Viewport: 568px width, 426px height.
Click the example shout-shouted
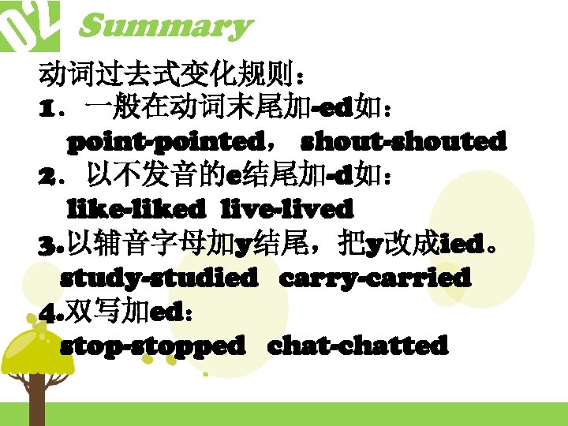(x=404, y=142)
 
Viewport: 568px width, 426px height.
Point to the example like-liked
(x=136, y=210)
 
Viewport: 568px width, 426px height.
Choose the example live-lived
(x=287, y=210)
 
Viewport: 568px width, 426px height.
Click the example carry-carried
(x=376, y=278)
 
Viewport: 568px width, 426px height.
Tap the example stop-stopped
(x=153, y=346)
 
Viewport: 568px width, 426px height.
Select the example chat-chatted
(x=358, y=346)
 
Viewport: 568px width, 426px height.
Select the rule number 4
(x=46, y=312)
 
